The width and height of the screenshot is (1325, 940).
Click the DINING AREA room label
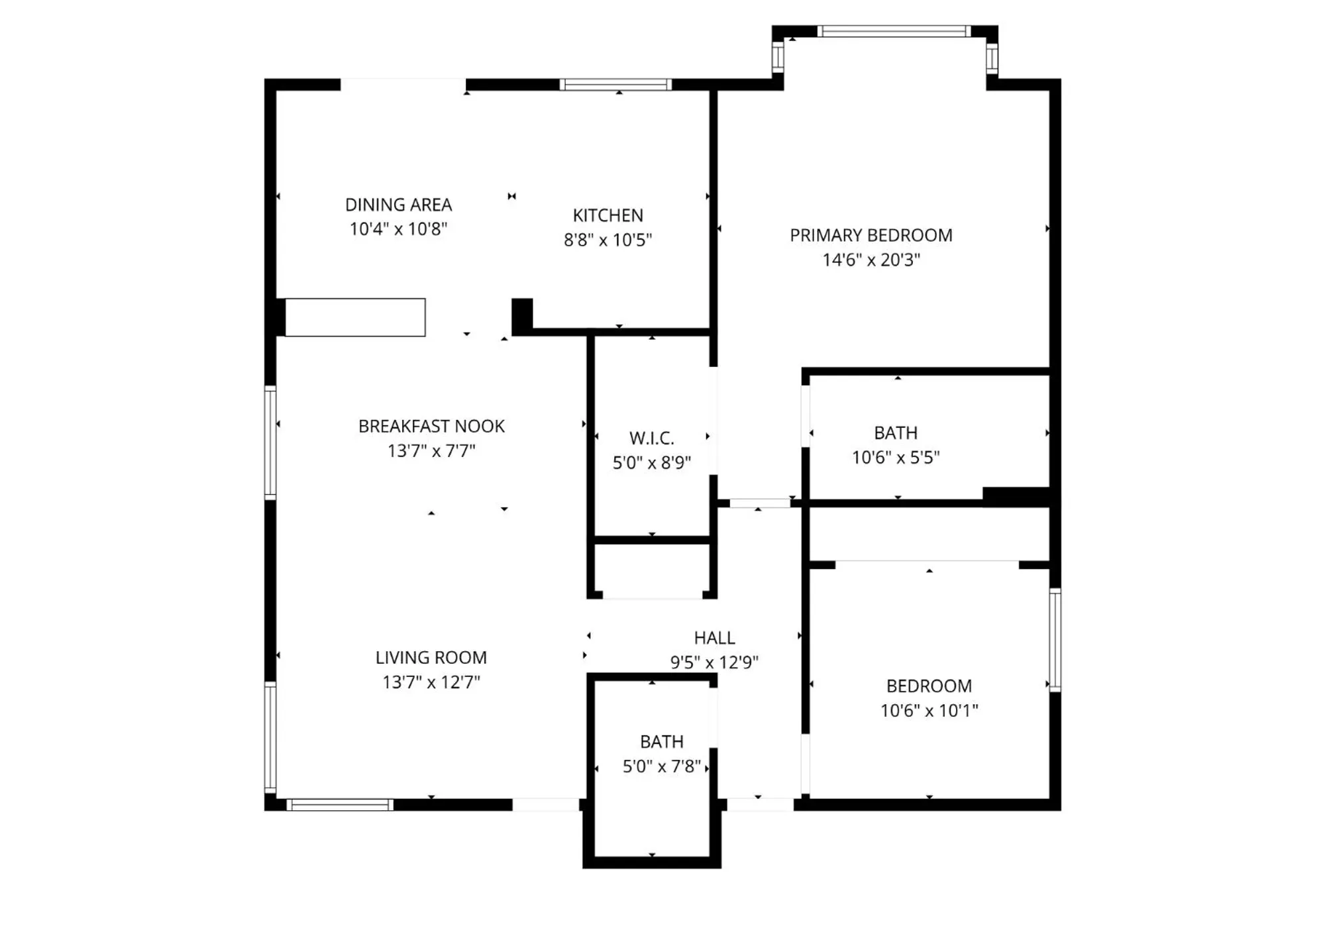pyautogui.click(x=398, y=205)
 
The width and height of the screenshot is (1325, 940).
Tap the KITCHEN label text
pyautogui.click(x=608, y=215)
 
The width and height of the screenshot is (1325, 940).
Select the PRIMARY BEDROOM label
pyautogui.click(x=871, y=235)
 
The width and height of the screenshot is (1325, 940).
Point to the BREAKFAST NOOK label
pyautogui.click(x=431, y=426)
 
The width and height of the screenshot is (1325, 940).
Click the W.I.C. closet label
pyautogui.click(x=651, y=438)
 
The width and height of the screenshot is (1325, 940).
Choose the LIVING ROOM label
pyautogui.click(x=431, y=657)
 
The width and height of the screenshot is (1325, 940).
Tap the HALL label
pyautogui.click(x=714, y=637)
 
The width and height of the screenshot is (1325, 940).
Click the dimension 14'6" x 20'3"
pyautogui.click(x=871, y=260)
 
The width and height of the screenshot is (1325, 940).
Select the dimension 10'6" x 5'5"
pyautogui.click(x=896, y=457)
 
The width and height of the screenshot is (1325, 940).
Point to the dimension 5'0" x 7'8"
pyautogui.click(x=661, y=766)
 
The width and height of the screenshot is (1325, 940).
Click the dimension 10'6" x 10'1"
pyautogui.click(x=929, y=710)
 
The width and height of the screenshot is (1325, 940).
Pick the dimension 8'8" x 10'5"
pyautogui.click(x=608, y=240)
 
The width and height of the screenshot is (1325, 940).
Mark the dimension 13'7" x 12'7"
pyautogui.click(x=431, y=682)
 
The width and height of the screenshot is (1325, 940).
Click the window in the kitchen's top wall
pyautogui.click(x=615, y=84)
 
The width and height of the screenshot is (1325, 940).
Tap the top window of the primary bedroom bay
pyautogui.click(x=893, y=31)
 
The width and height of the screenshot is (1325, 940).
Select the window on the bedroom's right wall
pyautogui.click(x=1055, y=639)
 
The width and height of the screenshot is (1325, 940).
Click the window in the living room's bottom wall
pyautogui.click(x=340, y=805)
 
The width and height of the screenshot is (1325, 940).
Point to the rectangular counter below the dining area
pyautogui.click(x=355, y=317)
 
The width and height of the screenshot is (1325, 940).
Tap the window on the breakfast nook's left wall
pyautogui.click(x=270, y=442)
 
